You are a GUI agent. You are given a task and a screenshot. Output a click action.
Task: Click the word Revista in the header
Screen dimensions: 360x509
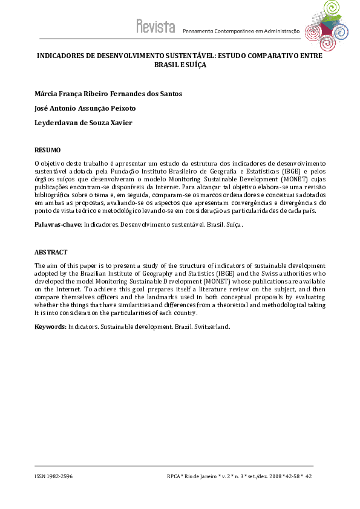point(155,27)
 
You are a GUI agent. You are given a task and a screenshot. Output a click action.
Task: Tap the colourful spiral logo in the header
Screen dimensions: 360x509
point(326,21)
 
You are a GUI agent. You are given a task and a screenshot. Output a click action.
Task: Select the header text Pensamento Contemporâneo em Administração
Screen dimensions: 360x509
point(241,31)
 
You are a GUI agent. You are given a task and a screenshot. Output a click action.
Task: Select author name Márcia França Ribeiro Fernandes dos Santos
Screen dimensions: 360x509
point(108,94)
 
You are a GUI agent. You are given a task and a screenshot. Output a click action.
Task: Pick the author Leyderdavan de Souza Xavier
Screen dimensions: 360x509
point(83,123)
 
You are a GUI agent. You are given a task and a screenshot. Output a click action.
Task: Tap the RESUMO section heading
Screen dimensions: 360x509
point(47,150)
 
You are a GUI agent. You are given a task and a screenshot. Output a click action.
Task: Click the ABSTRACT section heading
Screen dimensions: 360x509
point(51,252)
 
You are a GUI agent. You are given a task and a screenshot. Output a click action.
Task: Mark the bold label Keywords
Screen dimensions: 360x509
point(50,326)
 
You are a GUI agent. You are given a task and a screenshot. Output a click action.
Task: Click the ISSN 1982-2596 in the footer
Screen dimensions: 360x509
point(53,476)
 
